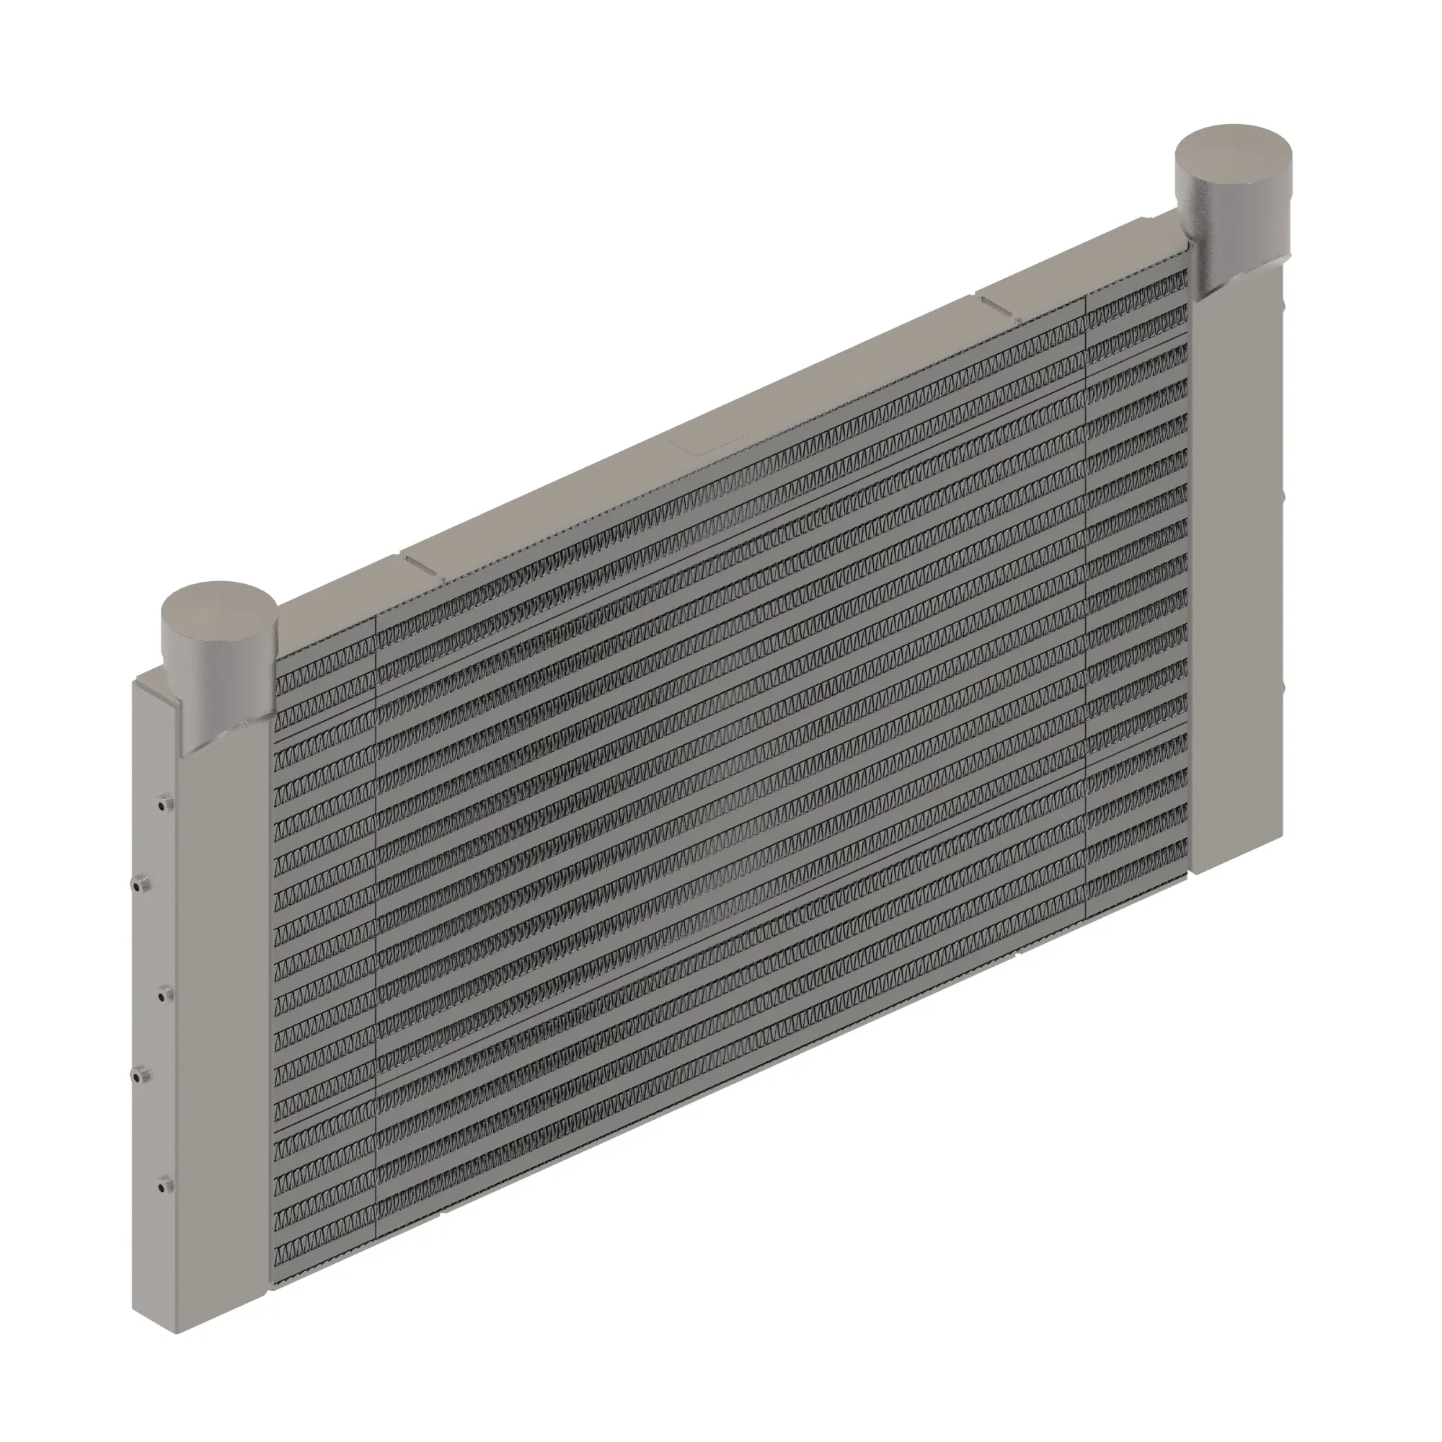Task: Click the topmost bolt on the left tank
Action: tap(165, 804)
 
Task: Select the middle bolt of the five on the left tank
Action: tap(165, 994)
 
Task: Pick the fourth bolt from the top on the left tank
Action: tap(141, 1076)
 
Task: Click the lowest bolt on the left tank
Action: tap(165, 1183)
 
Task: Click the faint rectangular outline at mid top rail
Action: tap(705, 441)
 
